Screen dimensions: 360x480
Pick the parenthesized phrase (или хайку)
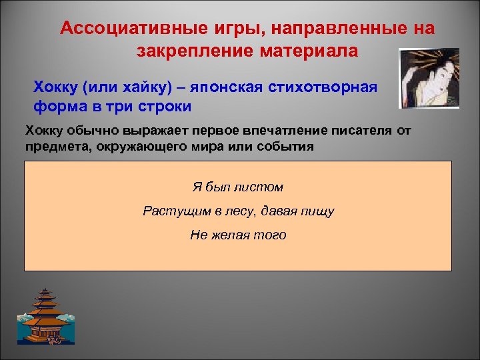pyautogui.click(x=118, y=88)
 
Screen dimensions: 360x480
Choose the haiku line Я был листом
pyautogui.click(x=238, y=188)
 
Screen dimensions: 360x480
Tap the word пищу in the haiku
pyautogui.click(x=318, y=211)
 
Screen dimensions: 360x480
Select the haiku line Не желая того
pyautogui.click(x=238, y=235)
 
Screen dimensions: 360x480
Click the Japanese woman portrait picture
pyautogui.click(x=429, y=78)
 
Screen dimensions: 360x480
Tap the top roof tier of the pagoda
pyautogui.click(x=45, y=293)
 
